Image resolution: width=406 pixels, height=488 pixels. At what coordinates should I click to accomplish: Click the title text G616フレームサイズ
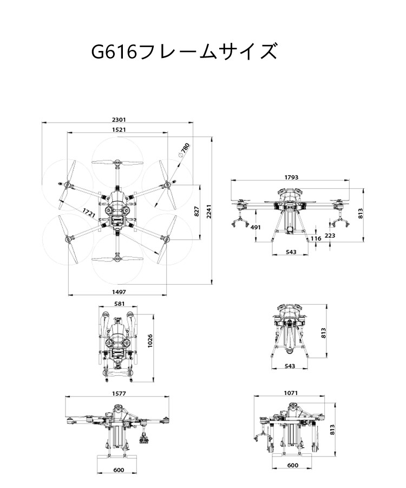(x=184, y=52)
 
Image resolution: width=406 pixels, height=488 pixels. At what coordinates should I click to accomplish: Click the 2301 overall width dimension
(x=119, y=119)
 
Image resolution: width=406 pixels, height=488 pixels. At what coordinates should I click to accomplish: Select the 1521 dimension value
(x=119, y=130)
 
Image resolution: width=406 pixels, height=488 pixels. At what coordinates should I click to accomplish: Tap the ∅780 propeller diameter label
(x=184, y=150)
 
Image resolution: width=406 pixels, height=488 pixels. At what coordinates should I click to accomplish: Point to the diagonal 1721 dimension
(x=89, y=213)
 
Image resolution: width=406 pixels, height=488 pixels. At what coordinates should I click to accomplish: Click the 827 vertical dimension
(x=197, y=211)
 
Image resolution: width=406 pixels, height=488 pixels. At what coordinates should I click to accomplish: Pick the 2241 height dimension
(x=209, y=211)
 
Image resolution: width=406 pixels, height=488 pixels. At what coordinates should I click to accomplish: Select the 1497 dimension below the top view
(x=119, y=292)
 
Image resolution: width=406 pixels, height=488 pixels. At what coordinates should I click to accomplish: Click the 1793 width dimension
(x=291, y=177)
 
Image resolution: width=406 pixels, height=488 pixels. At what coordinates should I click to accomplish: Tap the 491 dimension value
(x=256, y=227)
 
